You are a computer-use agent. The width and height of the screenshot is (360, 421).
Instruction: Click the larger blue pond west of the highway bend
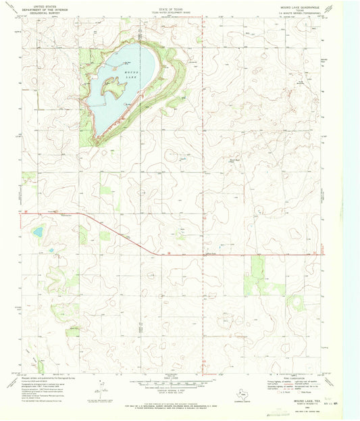click(x=37, y=232)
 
